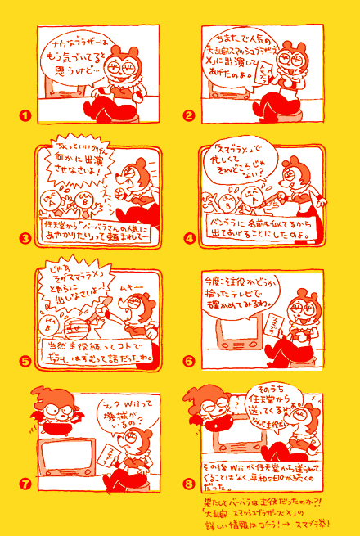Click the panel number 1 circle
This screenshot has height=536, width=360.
[x=25, y=116]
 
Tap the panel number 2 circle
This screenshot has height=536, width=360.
[x=189, y=116]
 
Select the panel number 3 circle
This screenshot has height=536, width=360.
[x=25, y=239]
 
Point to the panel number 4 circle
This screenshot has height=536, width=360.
[x=189, y=239]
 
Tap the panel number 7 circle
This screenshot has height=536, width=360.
[x=25, y=484]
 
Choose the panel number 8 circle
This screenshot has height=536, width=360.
[x=189, y=484]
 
